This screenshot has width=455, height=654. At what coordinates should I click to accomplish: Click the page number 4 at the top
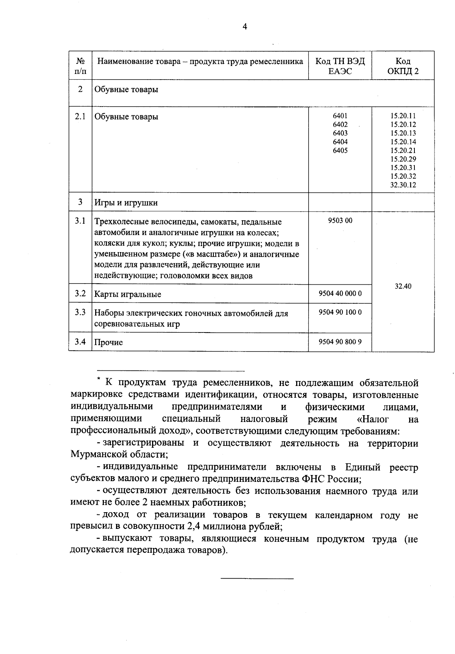245,27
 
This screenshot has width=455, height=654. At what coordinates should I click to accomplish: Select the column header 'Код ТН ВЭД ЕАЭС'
340,66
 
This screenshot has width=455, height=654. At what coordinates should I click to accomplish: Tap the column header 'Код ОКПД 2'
403,66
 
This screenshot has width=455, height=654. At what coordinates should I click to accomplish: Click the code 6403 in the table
340,133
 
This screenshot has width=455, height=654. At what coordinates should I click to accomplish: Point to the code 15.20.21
403,151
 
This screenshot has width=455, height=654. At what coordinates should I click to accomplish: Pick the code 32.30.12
403,185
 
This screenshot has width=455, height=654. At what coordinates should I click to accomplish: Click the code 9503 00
340,220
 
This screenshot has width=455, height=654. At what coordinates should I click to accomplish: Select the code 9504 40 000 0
340,293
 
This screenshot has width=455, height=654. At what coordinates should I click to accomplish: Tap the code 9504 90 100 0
340,312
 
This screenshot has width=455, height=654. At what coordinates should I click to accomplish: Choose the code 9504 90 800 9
340,342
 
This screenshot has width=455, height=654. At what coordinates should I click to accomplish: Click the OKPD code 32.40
403,286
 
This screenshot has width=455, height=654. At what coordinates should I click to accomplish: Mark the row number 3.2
80,294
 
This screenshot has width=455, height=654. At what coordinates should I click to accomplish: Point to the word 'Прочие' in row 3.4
108,342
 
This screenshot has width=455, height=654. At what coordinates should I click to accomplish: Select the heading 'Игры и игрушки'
126,203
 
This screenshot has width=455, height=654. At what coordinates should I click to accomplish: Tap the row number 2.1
80,116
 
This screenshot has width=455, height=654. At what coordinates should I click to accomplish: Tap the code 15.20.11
403,116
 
